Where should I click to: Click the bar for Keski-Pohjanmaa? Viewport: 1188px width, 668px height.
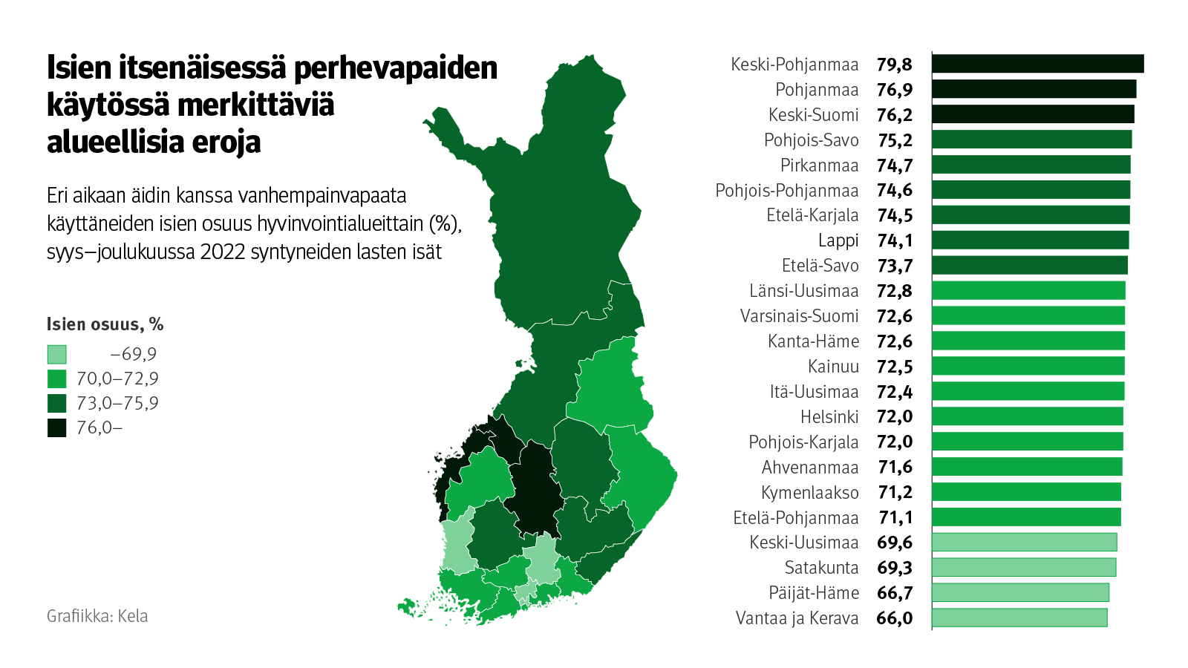[1037, 64]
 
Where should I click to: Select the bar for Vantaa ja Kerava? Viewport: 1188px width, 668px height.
[1019, 618]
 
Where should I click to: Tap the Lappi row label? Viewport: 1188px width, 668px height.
[838, 240]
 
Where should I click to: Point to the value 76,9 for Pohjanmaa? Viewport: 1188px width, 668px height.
[895, 90]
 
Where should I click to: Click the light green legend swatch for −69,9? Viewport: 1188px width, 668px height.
[57, 354]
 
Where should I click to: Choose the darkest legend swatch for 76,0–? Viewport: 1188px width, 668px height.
[57, 428]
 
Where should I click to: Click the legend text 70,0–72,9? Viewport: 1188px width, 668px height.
[117, 379]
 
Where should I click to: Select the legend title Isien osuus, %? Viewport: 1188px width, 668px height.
[105, 324]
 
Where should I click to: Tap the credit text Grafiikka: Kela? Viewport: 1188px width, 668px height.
[97, 616]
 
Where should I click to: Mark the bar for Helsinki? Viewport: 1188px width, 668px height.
[1027, 416]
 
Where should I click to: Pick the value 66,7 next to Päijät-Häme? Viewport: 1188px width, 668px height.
[895, 593]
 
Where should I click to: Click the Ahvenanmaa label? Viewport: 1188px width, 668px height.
[810, 468]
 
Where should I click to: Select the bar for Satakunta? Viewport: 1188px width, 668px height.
[1023, 568]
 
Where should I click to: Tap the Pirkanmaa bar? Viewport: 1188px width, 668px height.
[1031, 165]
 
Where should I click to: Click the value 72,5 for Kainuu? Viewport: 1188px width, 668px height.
[895, 367]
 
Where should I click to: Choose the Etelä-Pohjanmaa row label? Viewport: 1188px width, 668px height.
[795, 518]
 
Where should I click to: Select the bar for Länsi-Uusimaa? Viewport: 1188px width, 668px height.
[1028, 290]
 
